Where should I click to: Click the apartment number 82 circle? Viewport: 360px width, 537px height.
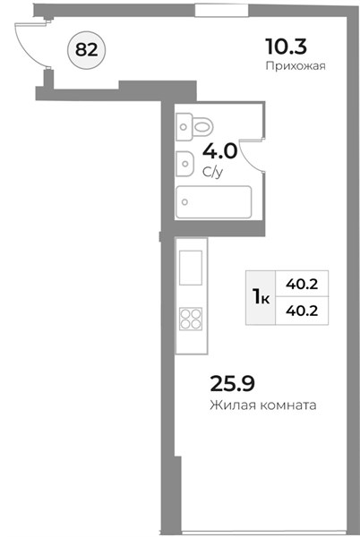87,50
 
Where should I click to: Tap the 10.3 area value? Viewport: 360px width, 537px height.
286,47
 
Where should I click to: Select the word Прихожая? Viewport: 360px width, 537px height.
296,65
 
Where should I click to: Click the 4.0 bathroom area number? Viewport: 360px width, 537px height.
219,151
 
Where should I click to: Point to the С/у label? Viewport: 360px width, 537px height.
213,172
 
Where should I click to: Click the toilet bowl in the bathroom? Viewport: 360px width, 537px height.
202,126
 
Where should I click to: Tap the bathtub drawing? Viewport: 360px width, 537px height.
213,201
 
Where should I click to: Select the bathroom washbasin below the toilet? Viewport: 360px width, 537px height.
185,164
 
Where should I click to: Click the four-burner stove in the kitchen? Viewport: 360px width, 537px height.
191,319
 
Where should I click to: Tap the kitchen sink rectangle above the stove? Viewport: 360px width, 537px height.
191,268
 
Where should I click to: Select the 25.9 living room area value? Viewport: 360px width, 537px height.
232,383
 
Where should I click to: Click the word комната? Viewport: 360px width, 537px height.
288,405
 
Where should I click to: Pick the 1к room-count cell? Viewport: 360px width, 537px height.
261,297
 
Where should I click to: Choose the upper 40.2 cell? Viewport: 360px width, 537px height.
302,284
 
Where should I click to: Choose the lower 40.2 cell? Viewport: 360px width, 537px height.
302,311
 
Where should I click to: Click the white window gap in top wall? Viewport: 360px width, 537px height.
221,10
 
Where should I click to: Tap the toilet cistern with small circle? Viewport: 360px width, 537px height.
184,127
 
